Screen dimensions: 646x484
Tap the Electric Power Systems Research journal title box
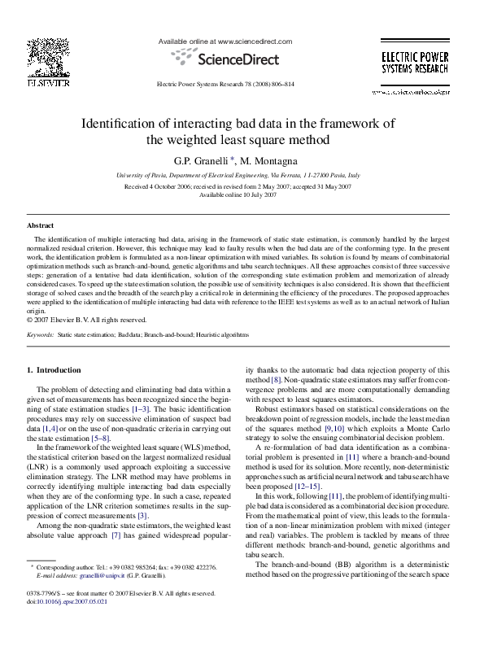tap(415, 64)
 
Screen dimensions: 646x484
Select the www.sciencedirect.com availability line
tap(225, 40)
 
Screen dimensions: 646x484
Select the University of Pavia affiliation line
tap(238, 175)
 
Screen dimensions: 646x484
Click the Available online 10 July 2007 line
tap(238, 195)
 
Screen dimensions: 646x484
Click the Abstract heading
tap(41, 225)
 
